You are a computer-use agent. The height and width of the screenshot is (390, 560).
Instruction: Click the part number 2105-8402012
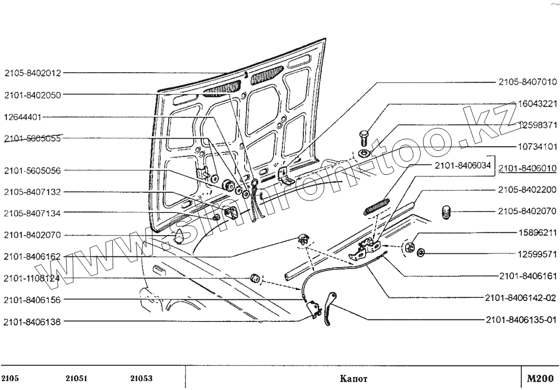pyautogui.click(x=33, y=73)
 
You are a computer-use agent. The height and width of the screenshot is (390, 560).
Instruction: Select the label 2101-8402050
pyautogui.click(x=33, y=95)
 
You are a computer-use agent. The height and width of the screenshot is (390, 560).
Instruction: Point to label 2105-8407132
pyautogui.click(x=33, y=192)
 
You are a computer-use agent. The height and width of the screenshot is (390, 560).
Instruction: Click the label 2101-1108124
pyautogui.click(x=33, y=278)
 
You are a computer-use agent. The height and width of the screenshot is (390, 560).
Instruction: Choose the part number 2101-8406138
pyautogui.click(x=33, y=322)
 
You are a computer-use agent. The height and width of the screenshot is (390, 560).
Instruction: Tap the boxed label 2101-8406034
pyautogui.click(x=462, y=165)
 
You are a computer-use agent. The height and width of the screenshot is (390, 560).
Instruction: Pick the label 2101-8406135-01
pyautogui.click(x=520, y=319)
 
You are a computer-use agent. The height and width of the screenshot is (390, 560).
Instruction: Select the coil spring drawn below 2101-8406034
pyautogui.click(x=376, y=205)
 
